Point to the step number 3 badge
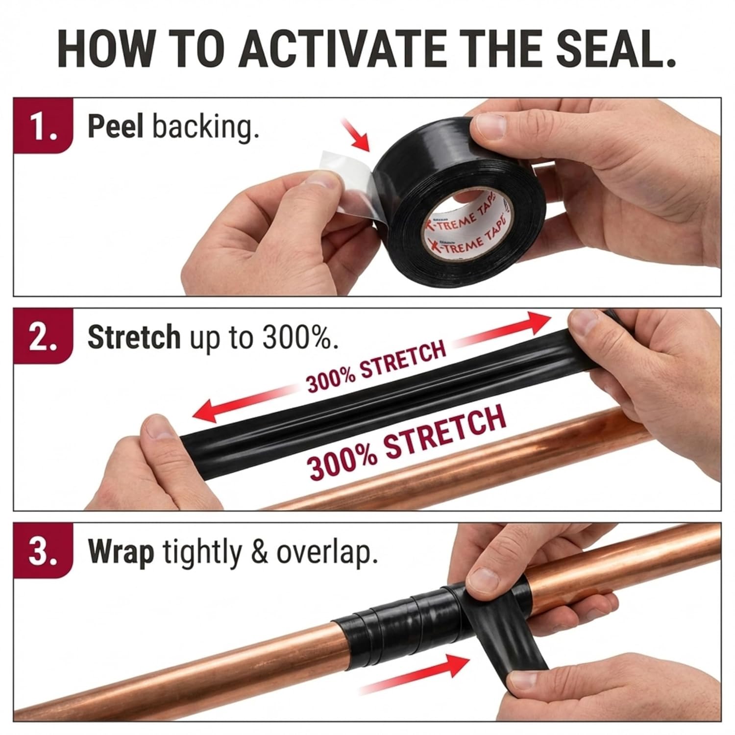pos(43,551)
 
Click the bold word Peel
pos(115,127)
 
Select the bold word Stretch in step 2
pos(134,338)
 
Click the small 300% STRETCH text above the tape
pos(376,367)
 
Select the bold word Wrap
pos(121,553)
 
